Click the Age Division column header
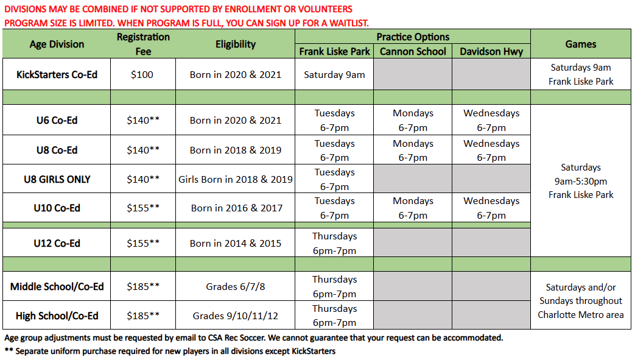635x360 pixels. tap(57, 44)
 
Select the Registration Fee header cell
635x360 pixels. tap(143, 44)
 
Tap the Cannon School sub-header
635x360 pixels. tap(413, 51)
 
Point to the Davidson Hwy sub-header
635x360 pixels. tap(491, 51)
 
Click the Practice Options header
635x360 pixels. tap(413, 37)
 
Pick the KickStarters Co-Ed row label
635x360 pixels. tap(57, 74)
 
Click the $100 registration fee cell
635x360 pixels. tap(143, 74)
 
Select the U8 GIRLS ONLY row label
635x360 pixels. tap(57, 179)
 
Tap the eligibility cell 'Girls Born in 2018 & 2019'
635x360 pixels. tap(235, 179)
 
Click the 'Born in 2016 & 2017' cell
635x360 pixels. tap(235, 208)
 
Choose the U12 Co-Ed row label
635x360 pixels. tap(57, 243)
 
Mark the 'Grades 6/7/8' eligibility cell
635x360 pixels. tap(235, 286)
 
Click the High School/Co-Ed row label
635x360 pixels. tap(57, 316)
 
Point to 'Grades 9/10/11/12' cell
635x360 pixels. tap(235, 316)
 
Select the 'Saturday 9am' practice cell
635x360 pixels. tap(334, 74)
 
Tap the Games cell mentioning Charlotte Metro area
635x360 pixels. tap(581, 301)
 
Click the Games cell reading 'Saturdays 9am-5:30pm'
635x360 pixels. tap(581, 181)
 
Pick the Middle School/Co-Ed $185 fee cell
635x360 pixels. tap(143, 286)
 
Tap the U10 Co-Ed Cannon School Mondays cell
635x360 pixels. tap(413, 208)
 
